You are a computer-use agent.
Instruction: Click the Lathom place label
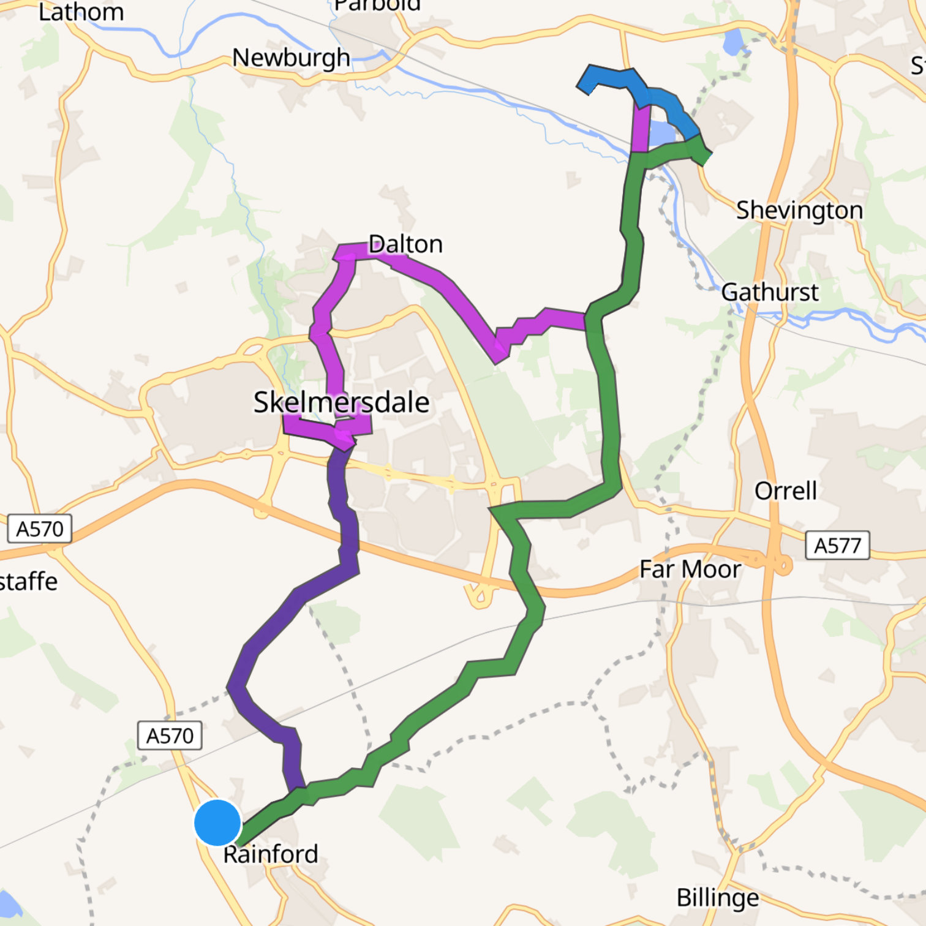click(81, 12)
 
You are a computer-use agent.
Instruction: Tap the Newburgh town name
click(291, 58)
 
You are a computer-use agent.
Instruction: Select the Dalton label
click(405, 244)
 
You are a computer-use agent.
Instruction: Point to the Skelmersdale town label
click(341, 402)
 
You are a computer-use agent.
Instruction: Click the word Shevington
click(799, 210)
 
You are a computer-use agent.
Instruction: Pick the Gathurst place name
click(770, 292)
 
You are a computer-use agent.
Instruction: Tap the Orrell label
click(785, 491)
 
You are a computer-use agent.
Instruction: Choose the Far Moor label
click(690, 569)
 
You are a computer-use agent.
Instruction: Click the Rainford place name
click(271, 854)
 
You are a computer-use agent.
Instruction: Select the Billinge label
click(717, 898)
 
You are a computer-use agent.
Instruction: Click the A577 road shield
click(837, 545)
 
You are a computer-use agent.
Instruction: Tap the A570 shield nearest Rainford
click(170, 735)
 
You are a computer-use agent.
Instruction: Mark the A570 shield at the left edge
click(39, 529)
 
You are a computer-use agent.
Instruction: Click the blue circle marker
click(217, 822)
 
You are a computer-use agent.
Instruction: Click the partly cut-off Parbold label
click(377, 6)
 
